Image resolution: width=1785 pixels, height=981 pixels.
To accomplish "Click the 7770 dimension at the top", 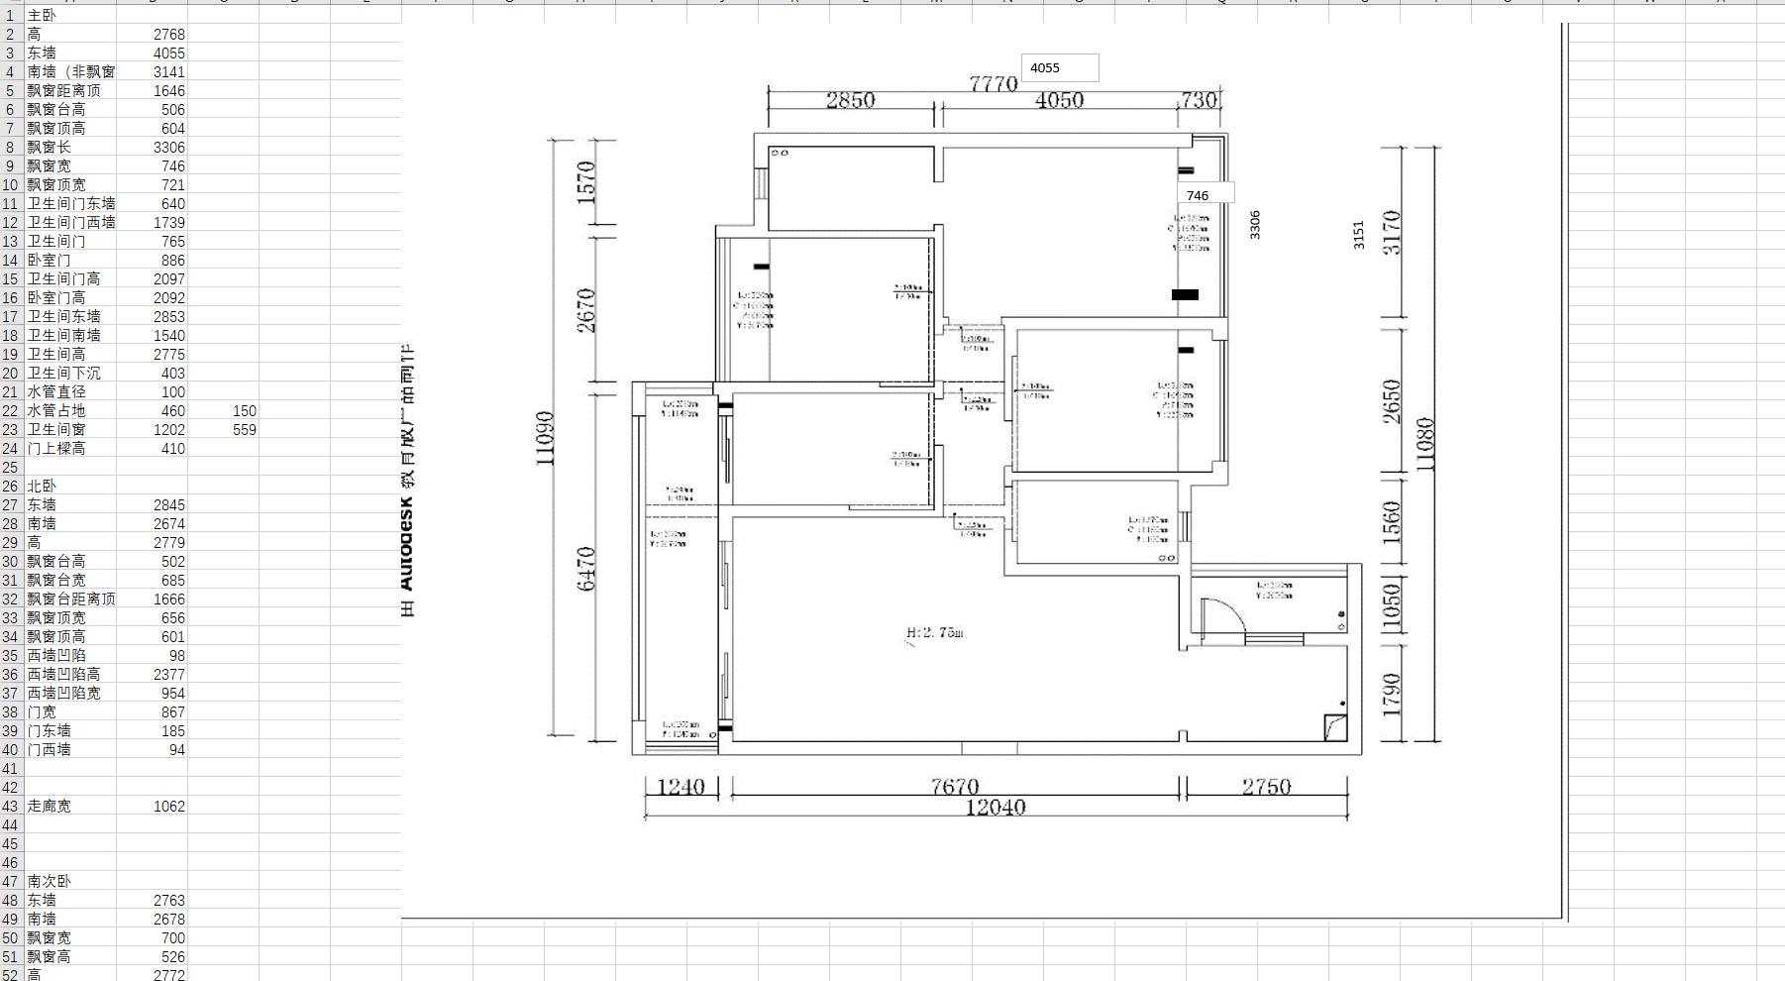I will point(993,84).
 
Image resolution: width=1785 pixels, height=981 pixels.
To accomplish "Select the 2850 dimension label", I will point(850,100).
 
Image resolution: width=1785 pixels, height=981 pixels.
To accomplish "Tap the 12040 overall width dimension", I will point(995,808).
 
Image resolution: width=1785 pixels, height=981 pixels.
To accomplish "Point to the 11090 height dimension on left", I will point(545,438).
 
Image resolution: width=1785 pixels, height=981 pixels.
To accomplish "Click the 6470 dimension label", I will point(586,568).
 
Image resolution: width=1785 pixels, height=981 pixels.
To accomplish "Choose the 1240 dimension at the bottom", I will point(681,787).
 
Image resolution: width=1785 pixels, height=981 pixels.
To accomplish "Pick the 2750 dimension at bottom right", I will point(1266,787).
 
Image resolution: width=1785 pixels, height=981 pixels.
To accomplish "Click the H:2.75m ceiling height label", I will point(934,632).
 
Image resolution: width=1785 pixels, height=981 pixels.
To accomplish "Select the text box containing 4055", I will point(1059,67).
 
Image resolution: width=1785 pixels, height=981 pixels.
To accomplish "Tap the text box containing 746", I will point(1205,195).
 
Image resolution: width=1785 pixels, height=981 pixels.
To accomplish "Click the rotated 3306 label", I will point(1255,224).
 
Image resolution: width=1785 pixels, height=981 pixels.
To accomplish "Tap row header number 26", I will point(10,486).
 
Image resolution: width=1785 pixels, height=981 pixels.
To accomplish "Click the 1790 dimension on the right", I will point(1391,694).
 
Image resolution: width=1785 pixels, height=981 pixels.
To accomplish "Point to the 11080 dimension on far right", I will point(1425,444).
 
